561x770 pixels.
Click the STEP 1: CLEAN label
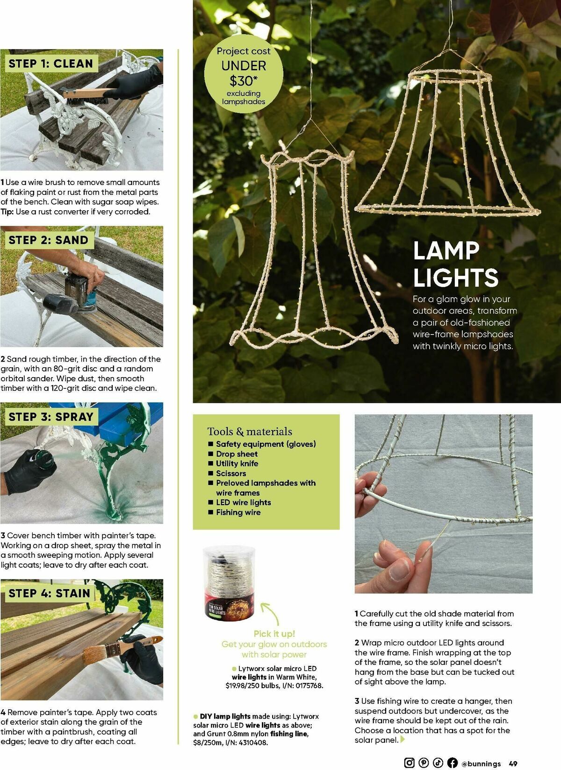(x=50, y=64)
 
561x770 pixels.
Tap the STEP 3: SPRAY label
(x=50, y=417)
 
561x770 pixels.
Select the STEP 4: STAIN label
(x=49, y=593)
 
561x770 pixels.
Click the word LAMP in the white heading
(x=446, y=251)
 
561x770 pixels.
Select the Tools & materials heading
(x=250, y=431)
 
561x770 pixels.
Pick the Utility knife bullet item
(x=237, y=463)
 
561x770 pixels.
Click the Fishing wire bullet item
(x=238, y=513)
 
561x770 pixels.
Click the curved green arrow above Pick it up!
(x=270, y=613)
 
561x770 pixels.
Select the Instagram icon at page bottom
(x=409, y=763)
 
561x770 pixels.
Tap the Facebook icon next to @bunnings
(x=452, y=763)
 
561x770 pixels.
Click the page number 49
(x=513, y=763)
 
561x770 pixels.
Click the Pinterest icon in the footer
(x=424, y=763)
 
